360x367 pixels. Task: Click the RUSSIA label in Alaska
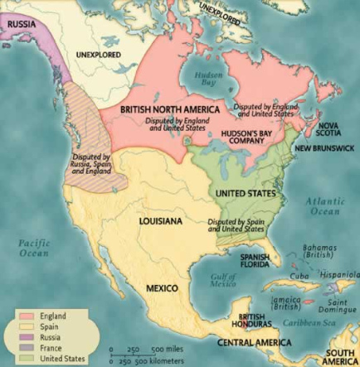pos(21,25)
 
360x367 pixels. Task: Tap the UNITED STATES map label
pos(246,193)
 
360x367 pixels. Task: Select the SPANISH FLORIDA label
pos(255,262)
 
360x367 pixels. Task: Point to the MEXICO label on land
pos(163,287)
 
